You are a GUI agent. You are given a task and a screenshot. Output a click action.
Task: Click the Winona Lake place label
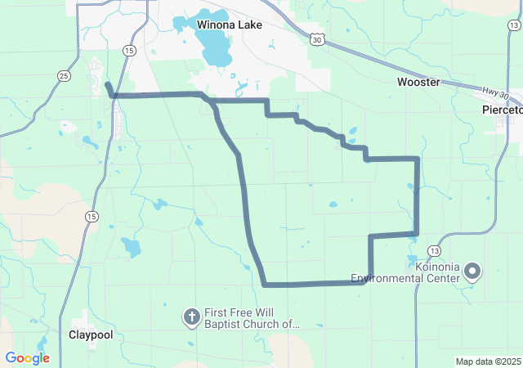[x=230, y=25]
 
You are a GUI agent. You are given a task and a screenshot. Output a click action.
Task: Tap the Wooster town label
[x=418, y=82]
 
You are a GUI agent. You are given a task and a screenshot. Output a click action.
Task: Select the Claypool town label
[x=91, y=335]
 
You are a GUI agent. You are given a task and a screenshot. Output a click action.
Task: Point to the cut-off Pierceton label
[x=501, y=109]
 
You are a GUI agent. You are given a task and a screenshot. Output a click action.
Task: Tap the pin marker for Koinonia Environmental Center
[x=472, y=271]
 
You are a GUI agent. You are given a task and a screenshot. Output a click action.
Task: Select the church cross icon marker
[x=191, y=316]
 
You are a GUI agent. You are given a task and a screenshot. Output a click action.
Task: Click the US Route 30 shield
[x=317, y=38]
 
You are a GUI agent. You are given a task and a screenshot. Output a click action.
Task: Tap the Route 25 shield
[x=63, y=75]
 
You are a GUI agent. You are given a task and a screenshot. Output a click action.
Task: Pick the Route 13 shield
[x=433, y=249]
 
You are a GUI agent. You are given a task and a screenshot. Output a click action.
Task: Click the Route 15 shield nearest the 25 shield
[x=128, y=51]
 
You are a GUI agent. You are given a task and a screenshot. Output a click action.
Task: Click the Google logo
[x=27, y=358]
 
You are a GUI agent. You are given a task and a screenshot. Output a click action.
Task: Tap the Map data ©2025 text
[x=488, y=361]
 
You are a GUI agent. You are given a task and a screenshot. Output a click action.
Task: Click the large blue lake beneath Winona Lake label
[x=215, y=52]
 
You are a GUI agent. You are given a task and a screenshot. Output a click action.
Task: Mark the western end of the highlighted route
[x=107, y=84]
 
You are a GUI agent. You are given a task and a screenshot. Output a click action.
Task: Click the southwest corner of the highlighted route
[x=265, y=285]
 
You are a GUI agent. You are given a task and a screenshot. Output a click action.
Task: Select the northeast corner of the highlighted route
[x=418, y=158]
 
